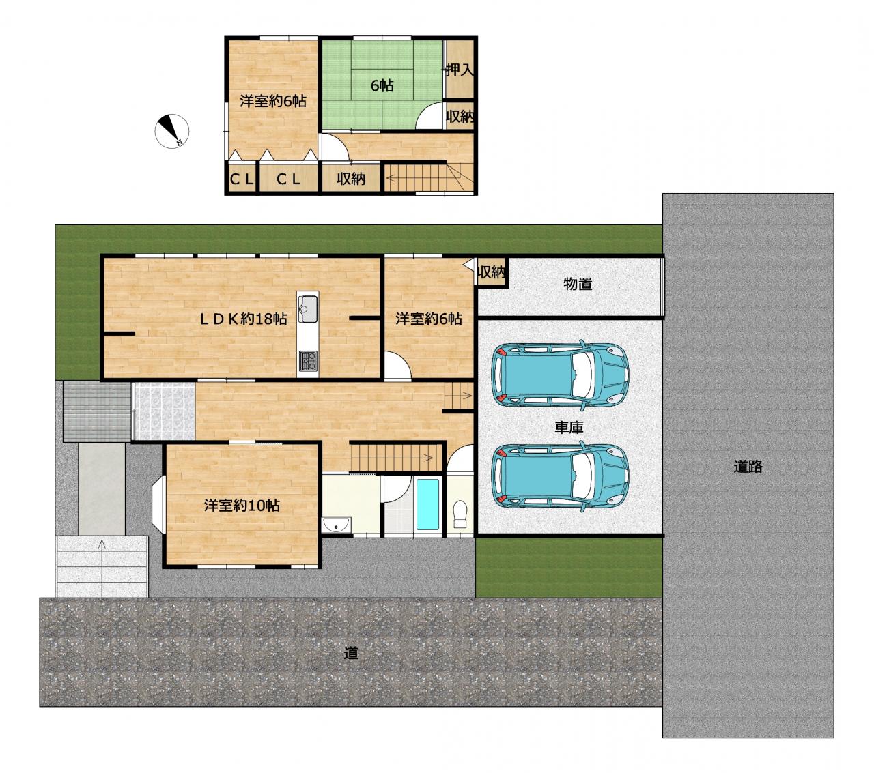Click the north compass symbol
(171, 131)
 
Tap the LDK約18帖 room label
(243, 319)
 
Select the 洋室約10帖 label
(242, 506)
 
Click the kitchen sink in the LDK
(307, 308)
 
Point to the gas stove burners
(308, 362)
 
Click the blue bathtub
(428, 505)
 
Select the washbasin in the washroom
(337, 525)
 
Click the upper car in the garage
(560, 375)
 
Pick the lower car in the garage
(560, 476)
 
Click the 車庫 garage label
(569, 427)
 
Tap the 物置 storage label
(578, 284)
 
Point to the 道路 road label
(748, 467)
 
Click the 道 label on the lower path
(351, 653)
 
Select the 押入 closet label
(460, 70)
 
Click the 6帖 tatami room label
(382, 86)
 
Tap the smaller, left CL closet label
(242, 179)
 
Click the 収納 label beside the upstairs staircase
(351, 179)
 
